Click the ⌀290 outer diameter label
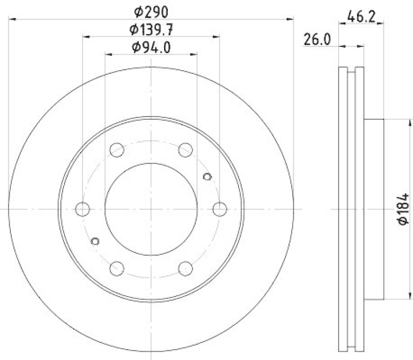pos(150,11)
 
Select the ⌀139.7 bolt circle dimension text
pos(151,29)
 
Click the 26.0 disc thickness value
pos(317,39)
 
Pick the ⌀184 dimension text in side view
pos(403,209)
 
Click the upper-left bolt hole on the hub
pos(117,150)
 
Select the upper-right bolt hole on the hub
pos(185,150)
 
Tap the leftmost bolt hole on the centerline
pos(83,209)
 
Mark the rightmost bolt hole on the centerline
pos(220,209)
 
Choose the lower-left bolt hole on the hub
pos(117,268)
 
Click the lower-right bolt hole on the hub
pos(185,268)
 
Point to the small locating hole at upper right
pos(208,177)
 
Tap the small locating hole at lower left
pos(94,241)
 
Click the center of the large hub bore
pos(151,209)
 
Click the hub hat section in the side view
pos(374,209)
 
